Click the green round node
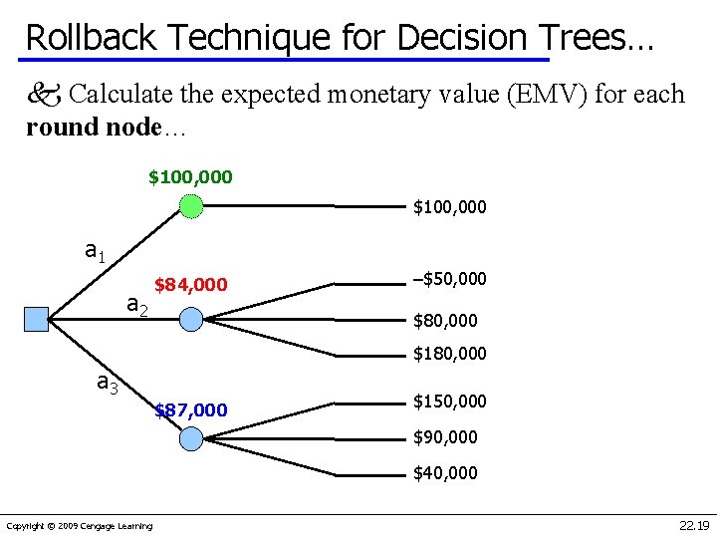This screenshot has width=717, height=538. point(190,206)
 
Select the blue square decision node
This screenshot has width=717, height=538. point(36,319)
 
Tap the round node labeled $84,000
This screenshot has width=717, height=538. point(191,319)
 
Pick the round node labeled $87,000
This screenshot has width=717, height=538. point(191,437)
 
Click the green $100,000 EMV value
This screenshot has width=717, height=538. point(190,177)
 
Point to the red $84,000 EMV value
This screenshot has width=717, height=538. point(190,286)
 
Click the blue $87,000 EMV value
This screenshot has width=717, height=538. point(191,410)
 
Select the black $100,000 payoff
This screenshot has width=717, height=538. point(450,207)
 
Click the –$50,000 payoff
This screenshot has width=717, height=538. point(449,278)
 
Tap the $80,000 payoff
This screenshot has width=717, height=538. point(445,321)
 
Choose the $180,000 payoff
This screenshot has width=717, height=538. point(450,354)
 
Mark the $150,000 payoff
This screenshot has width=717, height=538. point(450,401)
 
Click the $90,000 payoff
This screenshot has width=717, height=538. point(445,436)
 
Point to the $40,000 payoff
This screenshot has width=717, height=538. point(445,472)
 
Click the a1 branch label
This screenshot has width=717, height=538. point(95,252)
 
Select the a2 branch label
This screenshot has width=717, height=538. point(137,307)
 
